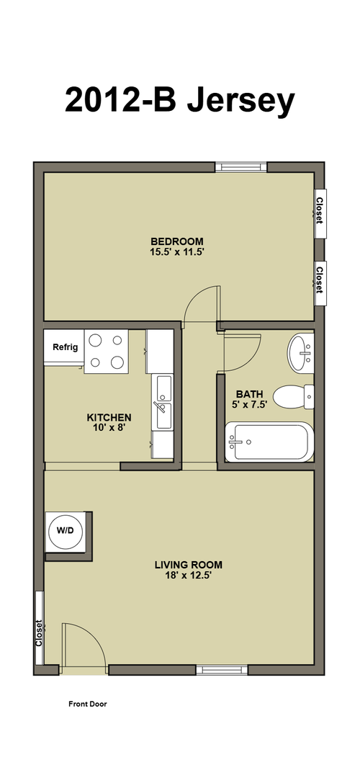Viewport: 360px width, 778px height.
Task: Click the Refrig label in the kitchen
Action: (x=66, y=347)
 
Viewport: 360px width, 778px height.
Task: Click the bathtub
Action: (x=270, y=442)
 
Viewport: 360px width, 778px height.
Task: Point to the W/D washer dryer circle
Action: (x=65, y=530)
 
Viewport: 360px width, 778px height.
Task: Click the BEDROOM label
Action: (x=177, y=241)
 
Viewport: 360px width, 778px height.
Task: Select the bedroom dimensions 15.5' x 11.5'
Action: (x=177, y=252)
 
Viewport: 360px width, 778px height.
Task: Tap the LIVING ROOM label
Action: (x=189, y=565)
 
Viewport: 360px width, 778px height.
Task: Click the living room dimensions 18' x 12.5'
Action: (x=189, y=576)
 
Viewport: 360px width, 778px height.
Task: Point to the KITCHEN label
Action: (x=109, y=417)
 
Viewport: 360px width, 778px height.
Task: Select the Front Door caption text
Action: (x=87, y=704)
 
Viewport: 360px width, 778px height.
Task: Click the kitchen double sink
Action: (x=163, y=403)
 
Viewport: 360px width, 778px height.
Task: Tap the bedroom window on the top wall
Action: (x=241, y=166)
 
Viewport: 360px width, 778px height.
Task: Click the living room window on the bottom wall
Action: (x=222, y=670)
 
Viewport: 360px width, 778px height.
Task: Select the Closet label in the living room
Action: (x=39, y=632)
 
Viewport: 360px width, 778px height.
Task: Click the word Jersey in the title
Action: (x=240, y=101)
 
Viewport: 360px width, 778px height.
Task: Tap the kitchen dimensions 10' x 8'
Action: (x=109, y=428)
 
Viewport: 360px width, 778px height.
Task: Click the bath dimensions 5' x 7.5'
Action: (x=249, y=404)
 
